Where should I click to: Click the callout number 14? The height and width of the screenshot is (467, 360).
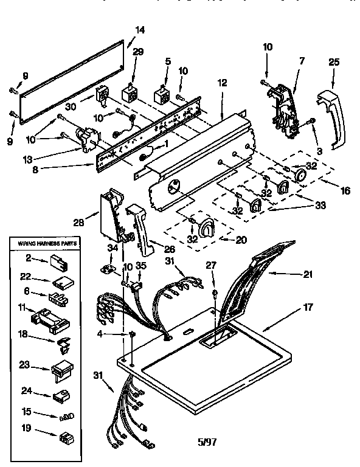tap(140, 30)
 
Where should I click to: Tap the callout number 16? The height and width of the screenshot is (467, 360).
tap(345, 190)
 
